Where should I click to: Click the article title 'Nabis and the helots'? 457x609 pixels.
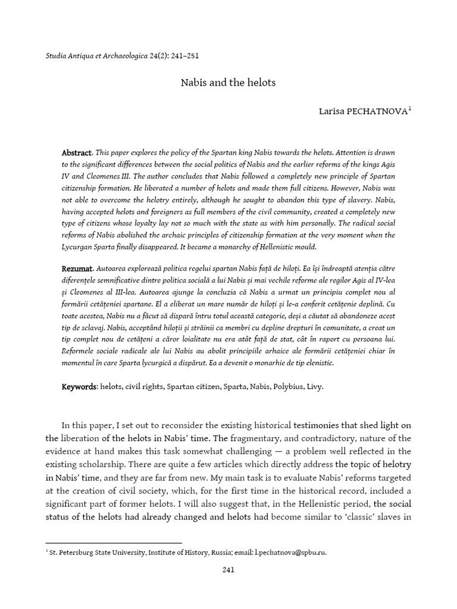[x=228, y=83]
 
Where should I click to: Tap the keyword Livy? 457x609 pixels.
[x=315, y=387]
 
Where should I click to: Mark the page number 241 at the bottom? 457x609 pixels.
[x=228, y=570]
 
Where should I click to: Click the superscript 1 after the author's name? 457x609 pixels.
[x=409, y=109]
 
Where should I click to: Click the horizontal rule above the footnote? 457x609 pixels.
[x=113, y=542]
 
